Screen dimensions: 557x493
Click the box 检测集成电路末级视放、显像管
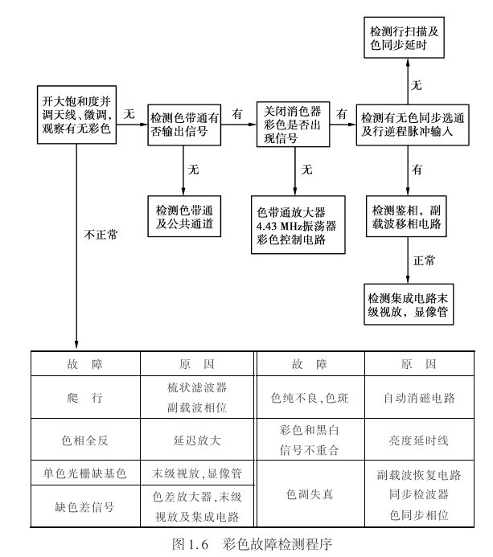pyautogui.click(x=409, y=301)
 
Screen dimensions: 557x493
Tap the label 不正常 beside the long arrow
pyautogui.click(x=101, y=235)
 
